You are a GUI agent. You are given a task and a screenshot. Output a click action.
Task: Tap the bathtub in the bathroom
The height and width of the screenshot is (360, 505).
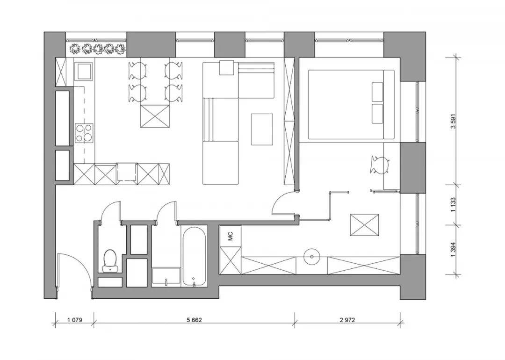point(194,256)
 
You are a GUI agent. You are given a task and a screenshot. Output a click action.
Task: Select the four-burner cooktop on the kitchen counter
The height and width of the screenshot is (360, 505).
point(84,133)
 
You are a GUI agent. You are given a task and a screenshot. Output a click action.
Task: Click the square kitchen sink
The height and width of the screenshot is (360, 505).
point(84,71)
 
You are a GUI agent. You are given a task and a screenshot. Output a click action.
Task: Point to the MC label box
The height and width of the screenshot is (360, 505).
point(230,236)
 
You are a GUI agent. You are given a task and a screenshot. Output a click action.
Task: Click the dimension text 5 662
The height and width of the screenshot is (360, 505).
point(194,320)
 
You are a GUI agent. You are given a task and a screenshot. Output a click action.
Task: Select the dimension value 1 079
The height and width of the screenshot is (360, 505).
point(75,320)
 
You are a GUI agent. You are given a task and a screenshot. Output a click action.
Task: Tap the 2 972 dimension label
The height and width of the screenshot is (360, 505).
point(347,320)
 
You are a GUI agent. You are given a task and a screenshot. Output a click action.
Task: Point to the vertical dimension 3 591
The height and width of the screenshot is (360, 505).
point(454,121)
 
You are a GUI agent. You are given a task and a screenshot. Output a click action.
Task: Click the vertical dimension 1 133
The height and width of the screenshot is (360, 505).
point(454,205)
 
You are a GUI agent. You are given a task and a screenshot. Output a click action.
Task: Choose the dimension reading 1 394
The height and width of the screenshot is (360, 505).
point(454,250)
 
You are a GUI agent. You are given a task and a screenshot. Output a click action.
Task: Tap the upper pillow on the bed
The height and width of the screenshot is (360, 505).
point(377,92)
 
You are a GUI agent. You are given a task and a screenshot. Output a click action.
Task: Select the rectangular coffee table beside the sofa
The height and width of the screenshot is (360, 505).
point(262,129)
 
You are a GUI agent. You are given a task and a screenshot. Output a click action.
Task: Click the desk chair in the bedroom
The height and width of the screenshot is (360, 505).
point(380,165)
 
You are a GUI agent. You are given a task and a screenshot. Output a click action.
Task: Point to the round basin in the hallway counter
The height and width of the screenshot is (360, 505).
point(312,257)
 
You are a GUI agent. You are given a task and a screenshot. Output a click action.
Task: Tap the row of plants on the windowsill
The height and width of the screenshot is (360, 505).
point(98,49)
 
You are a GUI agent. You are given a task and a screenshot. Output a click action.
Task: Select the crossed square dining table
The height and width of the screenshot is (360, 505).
point(155,116)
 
